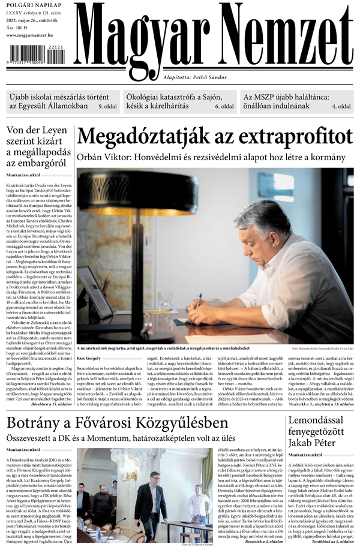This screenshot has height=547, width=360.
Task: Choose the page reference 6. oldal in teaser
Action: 224,106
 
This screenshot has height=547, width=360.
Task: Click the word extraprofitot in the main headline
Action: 288,136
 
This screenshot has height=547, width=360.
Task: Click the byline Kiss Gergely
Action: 89,358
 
